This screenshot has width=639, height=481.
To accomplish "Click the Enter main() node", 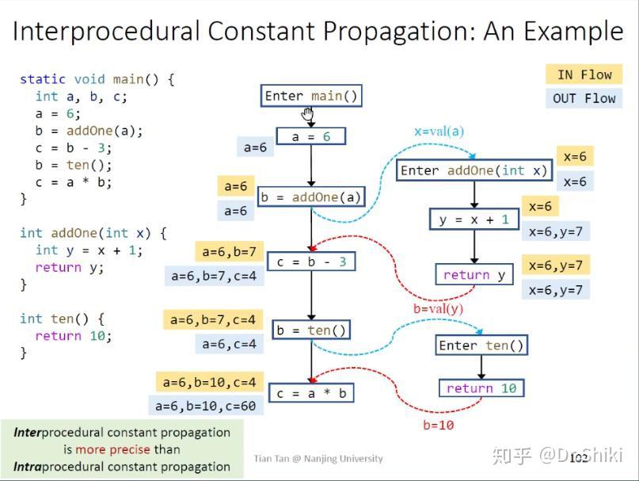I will tap(311, 96).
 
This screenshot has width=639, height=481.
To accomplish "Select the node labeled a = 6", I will tap(311, 137).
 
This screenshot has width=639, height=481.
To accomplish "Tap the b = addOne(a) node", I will tap(311, 197).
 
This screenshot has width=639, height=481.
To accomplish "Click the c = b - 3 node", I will tap(311, 262).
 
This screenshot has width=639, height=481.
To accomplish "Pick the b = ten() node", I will tap(311, 330).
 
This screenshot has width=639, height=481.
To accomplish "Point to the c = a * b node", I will tap(311, 393).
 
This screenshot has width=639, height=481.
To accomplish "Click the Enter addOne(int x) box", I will tap(474, 170).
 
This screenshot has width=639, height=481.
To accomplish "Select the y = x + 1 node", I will tap(474, 220).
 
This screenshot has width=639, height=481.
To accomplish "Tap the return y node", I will tap(474, 275).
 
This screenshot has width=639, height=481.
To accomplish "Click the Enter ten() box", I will tap(481, 345).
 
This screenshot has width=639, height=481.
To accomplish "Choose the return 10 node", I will tap(481, 388).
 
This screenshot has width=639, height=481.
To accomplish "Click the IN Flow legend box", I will tap(584, 74).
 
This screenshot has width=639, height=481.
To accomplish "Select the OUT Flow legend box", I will tap(584, 98).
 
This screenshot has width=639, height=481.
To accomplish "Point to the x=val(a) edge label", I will tap(439, 132).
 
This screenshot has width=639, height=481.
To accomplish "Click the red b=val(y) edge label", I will tap(438, 309).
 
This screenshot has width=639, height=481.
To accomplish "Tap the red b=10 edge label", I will tap(438, 426).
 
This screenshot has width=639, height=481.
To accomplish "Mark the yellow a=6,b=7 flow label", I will tap(229, 252).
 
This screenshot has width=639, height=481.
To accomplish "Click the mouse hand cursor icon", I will tap(308, 116).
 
